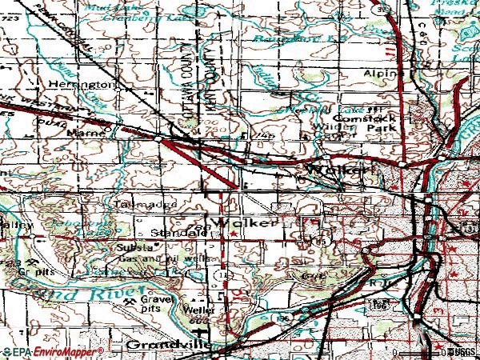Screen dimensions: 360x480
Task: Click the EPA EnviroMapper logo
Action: (52, 351)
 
